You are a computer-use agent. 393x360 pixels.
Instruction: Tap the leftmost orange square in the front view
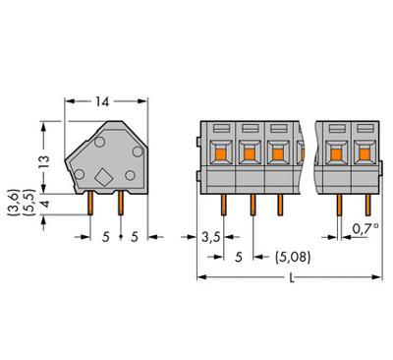pos(222,152)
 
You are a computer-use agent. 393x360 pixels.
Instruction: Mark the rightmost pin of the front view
pos(365,203)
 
